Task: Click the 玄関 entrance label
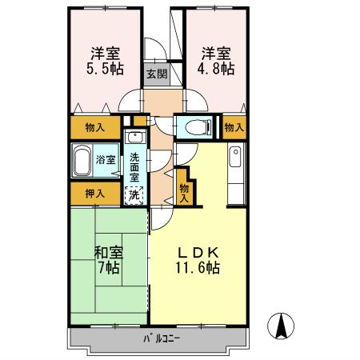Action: click(x=157, y=75)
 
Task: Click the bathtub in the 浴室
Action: click(x=82, y=162)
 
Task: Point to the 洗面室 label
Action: click(x=135, y=168)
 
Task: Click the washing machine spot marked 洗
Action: click(x=135, y=194)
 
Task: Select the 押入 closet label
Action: click(x=94, y=194)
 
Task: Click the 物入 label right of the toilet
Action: click(x=233, y=126)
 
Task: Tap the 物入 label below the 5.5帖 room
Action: click(x=94, y=126)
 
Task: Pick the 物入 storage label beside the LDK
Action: click(x=185, y=192)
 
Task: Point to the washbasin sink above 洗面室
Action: click(x=136, y=137)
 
